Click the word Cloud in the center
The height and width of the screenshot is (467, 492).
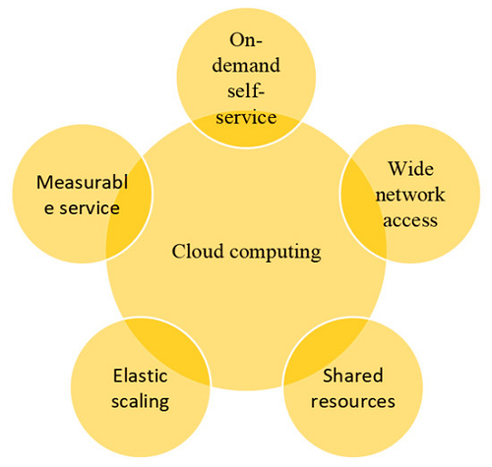pos(198,252)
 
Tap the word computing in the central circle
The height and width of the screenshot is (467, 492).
pos(276,254)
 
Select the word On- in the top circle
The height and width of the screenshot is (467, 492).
pos(246,40)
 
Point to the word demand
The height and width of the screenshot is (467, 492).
pos(246,65)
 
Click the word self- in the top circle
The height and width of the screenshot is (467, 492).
pos(246,90)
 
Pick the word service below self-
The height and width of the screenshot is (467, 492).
pos(246,117)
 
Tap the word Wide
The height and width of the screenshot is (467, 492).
pos(411,168)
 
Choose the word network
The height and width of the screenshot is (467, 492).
pos(410,195)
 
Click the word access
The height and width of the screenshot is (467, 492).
pos(410,220)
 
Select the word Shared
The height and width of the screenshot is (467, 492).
pos(353,376)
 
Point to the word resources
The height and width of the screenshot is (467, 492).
pos(353,402)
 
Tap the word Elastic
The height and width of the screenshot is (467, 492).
pos(141,376)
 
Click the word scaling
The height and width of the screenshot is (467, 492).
pos(141,402)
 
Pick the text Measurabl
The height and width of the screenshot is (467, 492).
pos(82,182)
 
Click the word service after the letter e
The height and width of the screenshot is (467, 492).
pos(90,208)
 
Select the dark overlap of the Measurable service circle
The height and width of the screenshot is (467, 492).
pos(130,209)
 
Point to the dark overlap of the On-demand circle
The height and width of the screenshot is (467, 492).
pos(246,132)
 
